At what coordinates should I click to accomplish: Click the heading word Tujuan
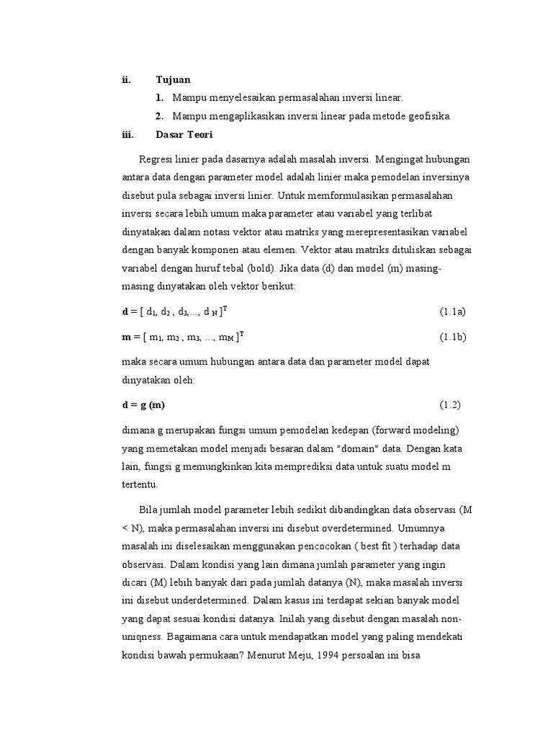tap(173, 79)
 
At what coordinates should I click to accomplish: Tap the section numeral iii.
tap(128, 135)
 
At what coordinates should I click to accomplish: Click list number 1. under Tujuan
tap(159, 97)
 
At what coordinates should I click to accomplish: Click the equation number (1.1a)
tap(453, 311)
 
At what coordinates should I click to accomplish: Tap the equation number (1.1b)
tap(453, 337)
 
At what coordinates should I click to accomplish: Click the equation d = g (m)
tap(148, 405)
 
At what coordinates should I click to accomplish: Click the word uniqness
tap(143, 638)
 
